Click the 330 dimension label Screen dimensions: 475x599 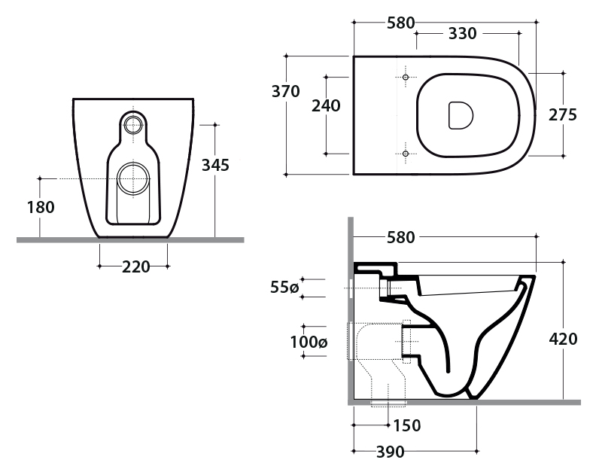point(462,34)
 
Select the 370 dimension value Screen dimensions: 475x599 point(286,92)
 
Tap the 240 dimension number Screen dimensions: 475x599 point(326,106)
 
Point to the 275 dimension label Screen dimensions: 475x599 point(563,115)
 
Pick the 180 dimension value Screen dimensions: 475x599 point(40,207)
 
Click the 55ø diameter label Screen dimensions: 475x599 point(286,288)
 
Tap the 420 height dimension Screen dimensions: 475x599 point(563,339)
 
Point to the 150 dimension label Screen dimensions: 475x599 point(407,426)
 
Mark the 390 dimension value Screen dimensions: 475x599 point(389,452)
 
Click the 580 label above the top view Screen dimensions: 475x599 point(401,23)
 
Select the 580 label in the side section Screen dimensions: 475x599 point(400,238)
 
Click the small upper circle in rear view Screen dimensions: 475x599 point(135,124)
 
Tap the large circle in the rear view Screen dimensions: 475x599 point(135,178)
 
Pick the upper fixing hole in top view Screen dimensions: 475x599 point(405,78)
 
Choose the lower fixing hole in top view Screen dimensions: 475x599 point(405,154)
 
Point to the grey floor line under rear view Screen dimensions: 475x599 point(129,239)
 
